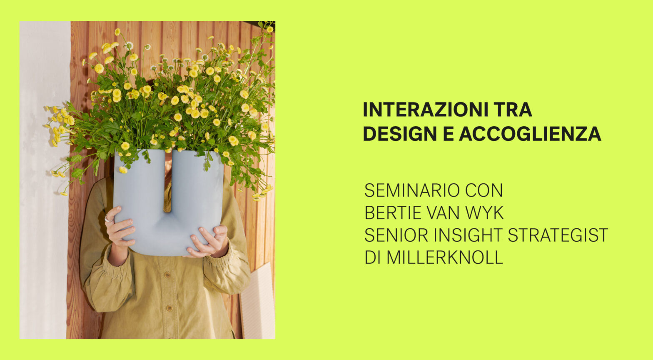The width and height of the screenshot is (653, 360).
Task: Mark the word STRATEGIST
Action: tap(558, 235)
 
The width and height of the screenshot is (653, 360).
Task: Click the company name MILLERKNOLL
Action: tap(444, 257)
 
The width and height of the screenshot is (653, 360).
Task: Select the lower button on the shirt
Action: tap(169, 308)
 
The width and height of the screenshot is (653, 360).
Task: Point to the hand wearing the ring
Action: tap(119, 227)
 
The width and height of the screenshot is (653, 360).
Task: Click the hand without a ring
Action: tap(208, 242)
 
